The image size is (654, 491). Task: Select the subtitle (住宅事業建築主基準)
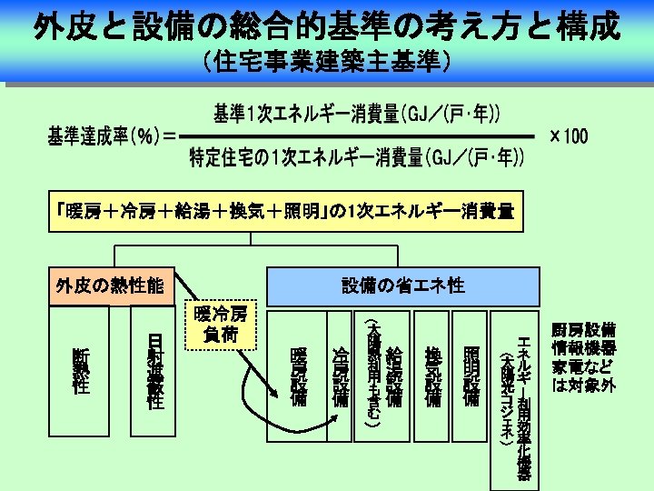327,62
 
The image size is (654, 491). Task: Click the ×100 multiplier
569,136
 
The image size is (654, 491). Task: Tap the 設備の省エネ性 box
402,286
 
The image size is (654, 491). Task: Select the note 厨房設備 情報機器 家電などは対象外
584,356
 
